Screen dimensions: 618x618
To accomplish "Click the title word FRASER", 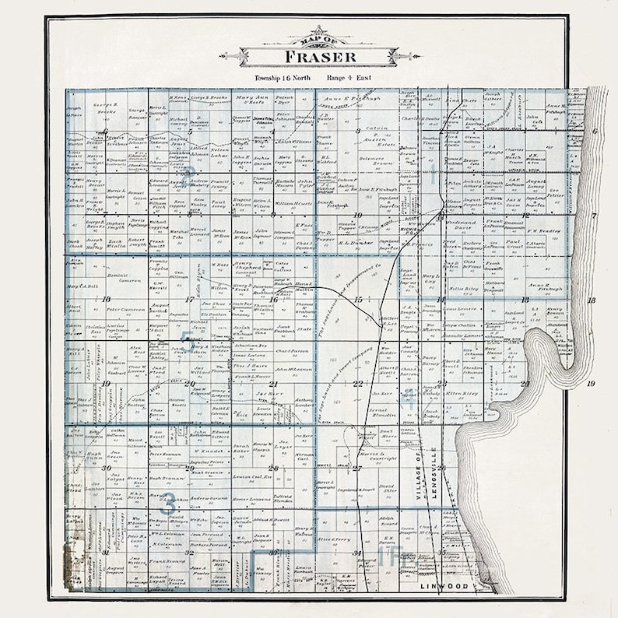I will coord(320,57).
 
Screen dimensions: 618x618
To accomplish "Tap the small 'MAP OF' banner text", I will coord(320,40).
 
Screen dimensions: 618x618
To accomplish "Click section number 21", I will coord(273,384).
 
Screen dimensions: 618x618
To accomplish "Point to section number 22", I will coord(358,384).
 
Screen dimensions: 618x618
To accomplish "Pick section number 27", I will coord(356,468).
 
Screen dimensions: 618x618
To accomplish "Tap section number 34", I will coord(357,553).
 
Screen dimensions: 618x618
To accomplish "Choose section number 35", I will coord(441,552).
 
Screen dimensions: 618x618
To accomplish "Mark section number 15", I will coord(358,300).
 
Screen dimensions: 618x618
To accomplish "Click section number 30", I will coord(105,468).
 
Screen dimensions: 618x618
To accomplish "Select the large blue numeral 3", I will coord(167,502).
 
